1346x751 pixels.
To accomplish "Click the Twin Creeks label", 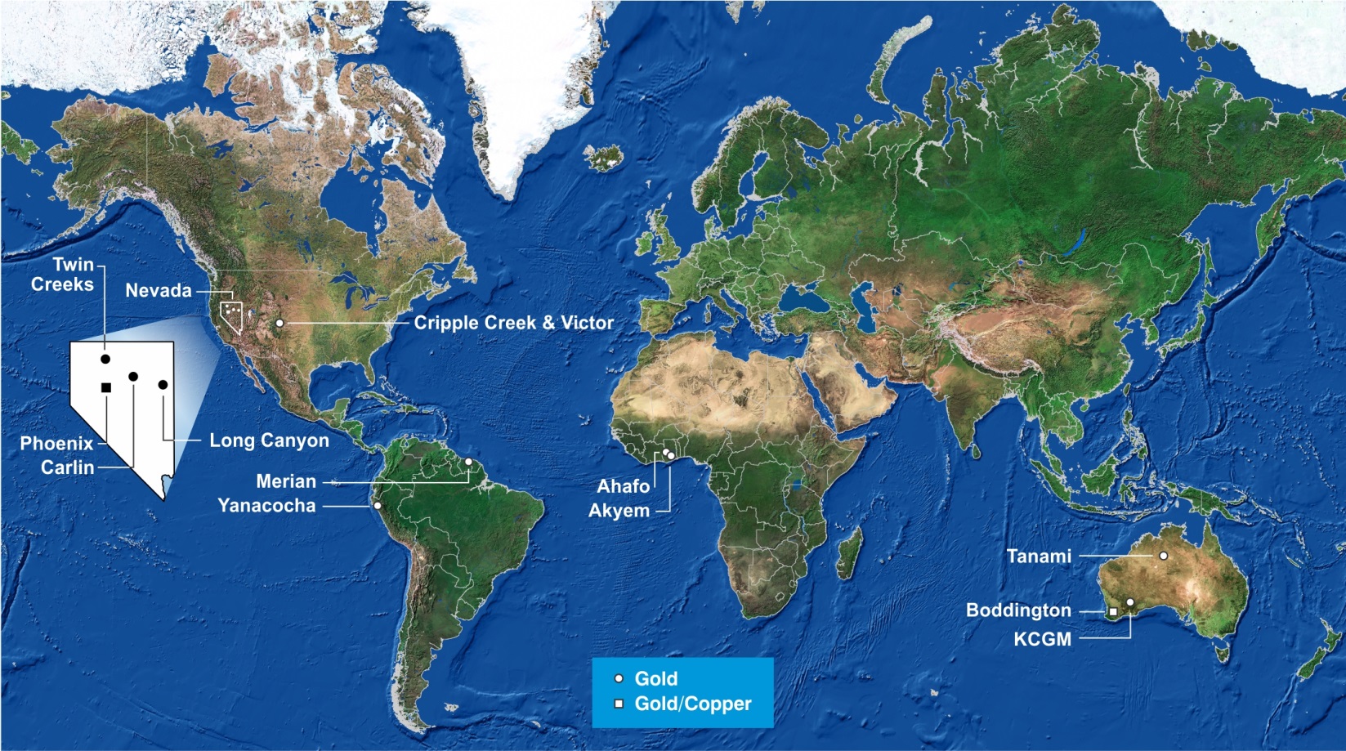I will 63,275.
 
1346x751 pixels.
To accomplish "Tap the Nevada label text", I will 159,291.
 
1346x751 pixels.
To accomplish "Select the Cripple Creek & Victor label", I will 513,323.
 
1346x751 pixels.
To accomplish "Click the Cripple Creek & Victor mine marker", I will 279,324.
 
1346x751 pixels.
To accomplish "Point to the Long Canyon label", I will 269,440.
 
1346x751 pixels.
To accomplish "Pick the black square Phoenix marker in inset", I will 105,387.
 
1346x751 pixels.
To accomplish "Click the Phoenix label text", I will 56,444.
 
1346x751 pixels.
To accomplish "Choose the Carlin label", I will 68,467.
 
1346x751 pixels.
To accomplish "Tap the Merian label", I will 286,481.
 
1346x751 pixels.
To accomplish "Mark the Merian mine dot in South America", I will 469,462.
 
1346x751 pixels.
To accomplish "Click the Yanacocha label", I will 266,506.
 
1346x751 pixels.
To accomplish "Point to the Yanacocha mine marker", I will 378,506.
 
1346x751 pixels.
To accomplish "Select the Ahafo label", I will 623,486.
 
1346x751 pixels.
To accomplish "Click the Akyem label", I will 619,511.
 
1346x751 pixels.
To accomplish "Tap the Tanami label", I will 1039,557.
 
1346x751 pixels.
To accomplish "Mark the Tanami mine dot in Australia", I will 1163,556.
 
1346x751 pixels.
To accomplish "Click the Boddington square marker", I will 1113,611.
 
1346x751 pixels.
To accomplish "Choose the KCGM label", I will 1042,639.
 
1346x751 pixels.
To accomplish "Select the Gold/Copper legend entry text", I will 693,704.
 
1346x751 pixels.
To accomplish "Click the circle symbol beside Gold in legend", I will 619,678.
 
